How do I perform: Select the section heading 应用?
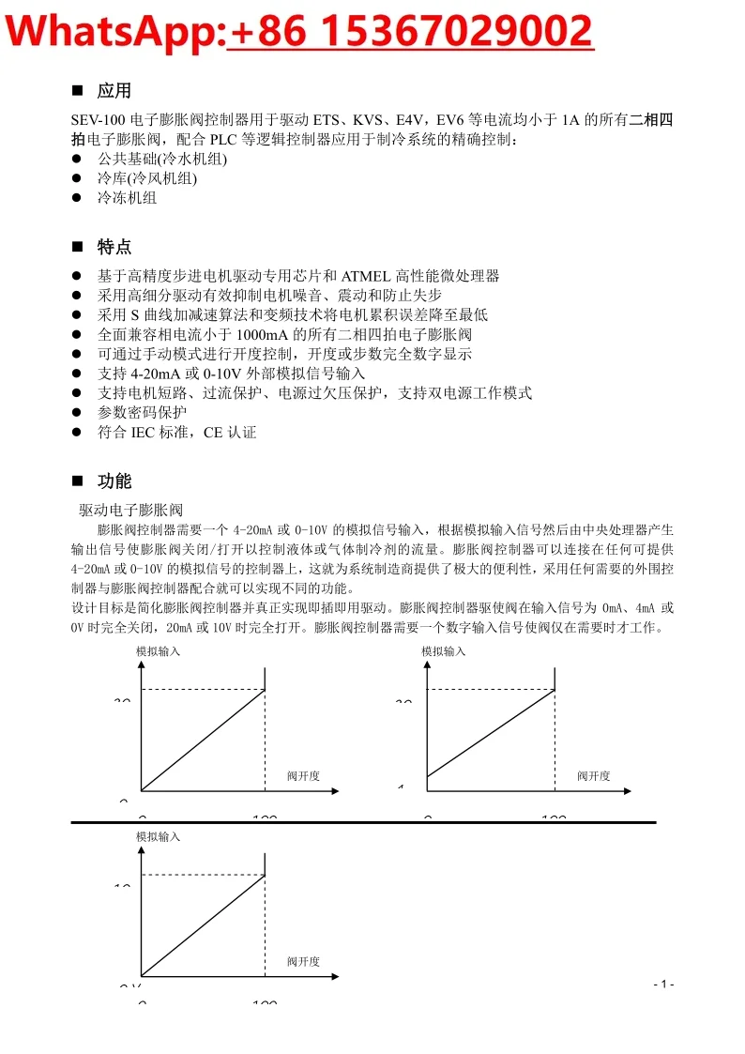click(x=114, y=91)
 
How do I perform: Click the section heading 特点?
click(x=114, y=248)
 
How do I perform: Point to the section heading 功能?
click(x=114, y=482)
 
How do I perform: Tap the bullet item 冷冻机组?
click(x=128, y=198)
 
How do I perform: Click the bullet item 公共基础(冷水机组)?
click(x=162, y=159)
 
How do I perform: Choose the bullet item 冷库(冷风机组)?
click(x=147, y=178)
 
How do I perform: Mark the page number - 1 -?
click(x=663, y=984)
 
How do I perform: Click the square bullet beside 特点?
click(x=78, y=247)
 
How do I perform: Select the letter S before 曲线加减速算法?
click(x=134, y=315)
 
